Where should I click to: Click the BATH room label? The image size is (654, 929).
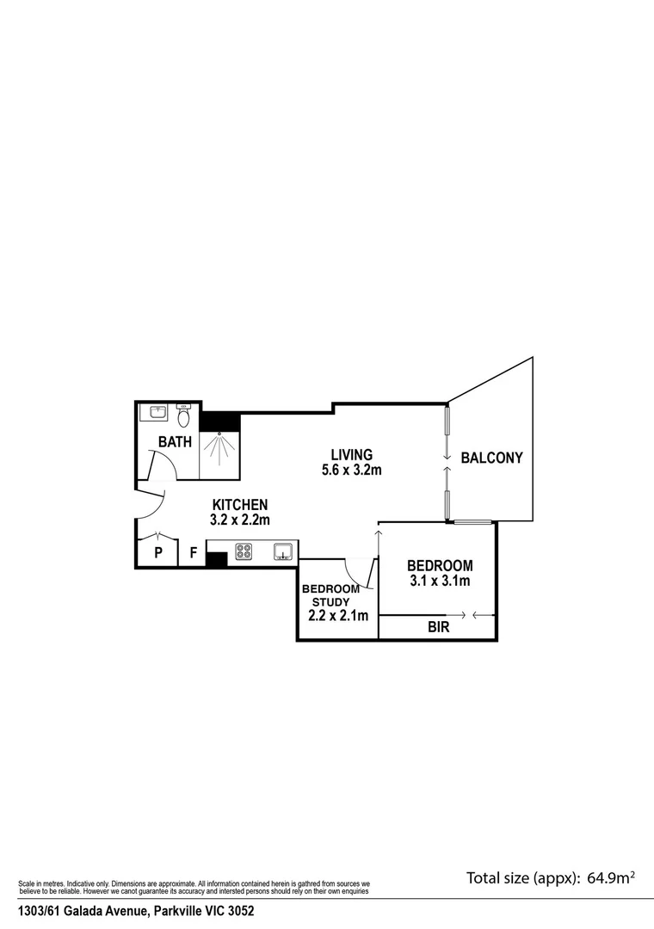(x=175, y=442)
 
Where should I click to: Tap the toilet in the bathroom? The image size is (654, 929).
(x=183, y=417)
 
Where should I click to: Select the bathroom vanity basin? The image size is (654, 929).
(x=157, y=413)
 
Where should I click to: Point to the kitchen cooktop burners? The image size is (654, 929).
(x=242, y=551)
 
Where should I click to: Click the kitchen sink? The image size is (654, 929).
(x=284, y=551)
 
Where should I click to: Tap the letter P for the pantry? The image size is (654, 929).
(x=158, y=553)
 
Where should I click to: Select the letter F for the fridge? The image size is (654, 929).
(x=193, y=553)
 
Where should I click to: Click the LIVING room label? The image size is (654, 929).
(x=352, y=454)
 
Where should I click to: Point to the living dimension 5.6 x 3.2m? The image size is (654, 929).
(x=351, y=470)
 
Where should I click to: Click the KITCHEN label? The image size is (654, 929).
(x=240, y=505)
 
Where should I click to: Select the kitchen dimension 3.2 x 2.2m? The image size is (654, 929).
(x=240, y=520)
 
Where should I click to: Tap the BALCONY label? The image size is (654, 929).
(x=492, y=458)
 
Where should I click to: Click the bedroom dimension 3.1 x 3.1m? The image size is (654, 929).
(x=440, y=581)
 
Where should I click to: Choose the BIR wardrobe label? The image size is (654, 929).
(x=438, y=628)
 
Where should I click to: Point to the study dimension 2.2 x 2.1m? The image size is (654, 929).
(x=338, y=615)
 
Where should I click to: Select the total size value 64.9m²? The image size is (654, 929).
(x=611, y=878)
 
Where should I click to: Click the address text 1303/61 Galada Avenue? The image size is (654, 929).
(x=86, y=910)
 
